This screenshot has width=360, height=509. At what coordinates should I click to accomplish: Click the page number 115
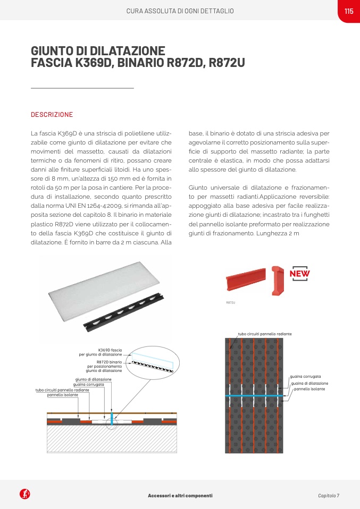coord(349,11)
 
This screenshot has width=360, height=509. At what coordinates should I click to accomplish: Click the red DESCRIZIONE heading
coord(52,115)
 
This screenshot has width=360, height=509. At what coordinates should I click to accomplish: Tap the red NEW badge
coord(299,274)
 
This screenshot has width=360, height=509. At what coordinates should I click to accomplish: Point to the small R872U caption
coord(231,302)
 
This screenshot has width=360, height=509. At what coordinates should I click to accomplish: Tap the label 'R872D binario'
coord(109,361)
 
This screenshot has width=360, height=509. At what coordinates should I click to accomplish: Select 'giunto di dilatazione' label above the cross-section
coord(93,379)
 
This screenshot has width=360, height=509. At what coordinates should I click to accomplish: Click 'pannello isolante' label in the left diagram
coord(63,395)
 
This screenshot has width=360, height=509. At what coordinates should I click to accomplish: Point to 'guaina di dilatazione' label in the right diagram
coord(309,383)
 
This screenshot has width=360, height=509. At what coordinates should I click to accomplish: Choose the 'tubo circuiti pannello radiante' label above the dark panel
coord(264,334)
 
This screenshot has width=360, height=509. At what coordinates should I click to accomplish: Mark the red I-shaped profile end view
coord(277,280)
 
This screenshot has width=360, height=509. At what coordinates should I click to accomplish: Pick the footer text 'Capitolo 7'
coord(329,496)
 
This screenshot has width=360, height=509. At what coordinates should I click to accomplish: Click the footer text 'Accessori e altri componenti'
coord(180,496)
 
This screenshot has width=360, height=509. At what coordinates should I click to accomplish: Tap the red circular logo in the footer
coord(24,495)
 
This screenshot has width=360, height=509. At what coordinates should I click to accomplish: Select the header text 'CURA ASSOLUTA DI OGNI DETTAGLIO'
coord(180,11)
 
